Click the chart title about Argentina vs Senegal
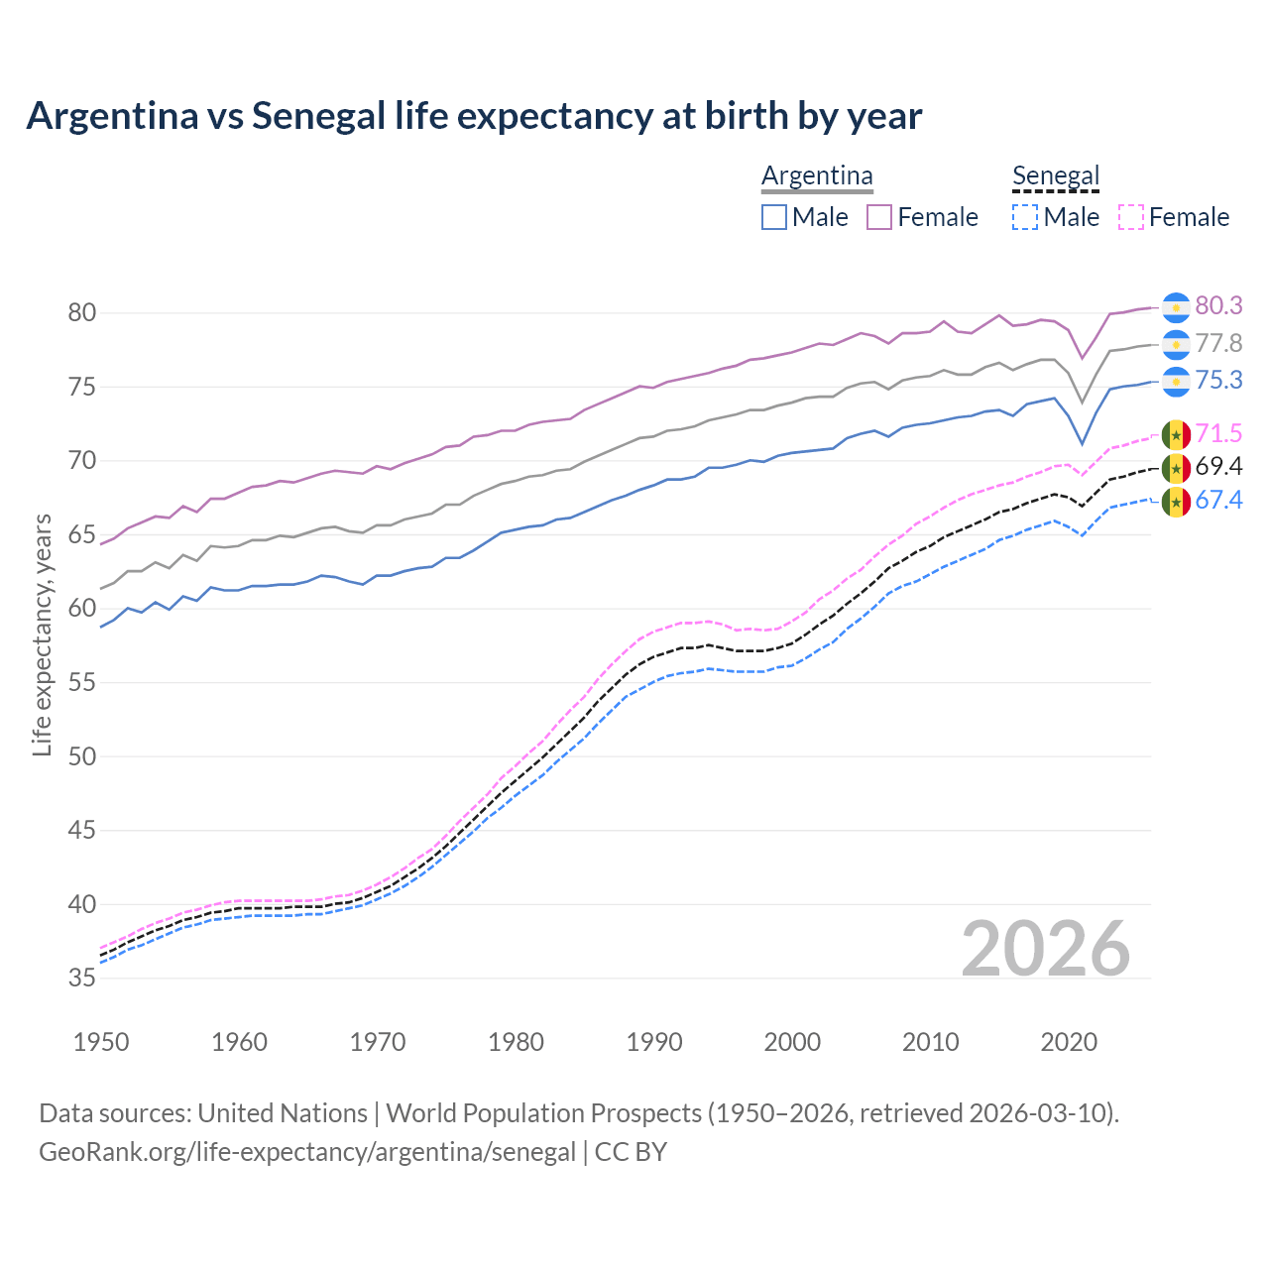pyautogui.click(x=474, y=116)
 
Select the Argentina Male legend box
pyautogui.click(x=774, y=217)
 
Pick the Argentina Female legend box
pyautogui.click(x=879, y=217)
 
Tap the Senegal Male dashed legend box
pyautogui.click(x=1025, y=217)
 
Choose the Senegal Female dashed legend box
pyautogui.click(x=1130, y=217)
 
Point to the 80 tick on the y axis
pyautogui.click(x=81, y=313)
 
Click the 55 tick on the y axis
pyautogui.click(x=81, y=683)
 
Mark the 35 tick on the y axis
pyautogui.click(x=81, y=979)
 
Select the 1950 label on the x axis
pyautogui.click(x=101, y=1042)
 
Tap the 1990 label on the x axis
pyautogui.click(x=654, y=1042)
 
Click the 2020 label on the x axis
pyautogui.click(x=1069, y=1042)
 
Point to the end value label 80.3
pyautogui.click(x=1218, y=306)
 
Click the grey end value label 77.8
pyautogui.click(x=1218, y=344)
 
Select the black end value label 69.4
pyautogui.click(x=1218, y=466)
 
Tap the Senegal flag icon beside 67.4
pyautogui.click(x=1176, y=503)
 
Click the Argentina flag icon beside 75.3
pyautogui.click(x=1176, y=382)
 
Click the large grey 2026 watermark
pyautogui.click(x=1046, y=949)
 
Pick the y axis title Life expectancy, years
pyautogui.click(x=42, y=634)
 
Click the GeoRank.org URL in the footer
pyautogui.click(x=307, y=1152)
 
